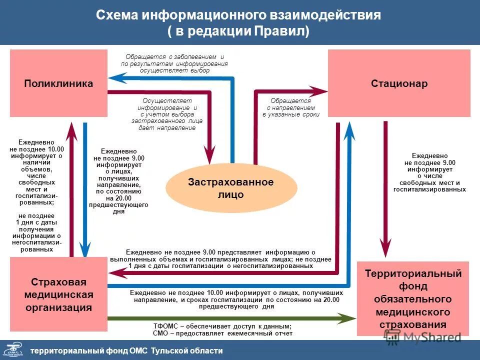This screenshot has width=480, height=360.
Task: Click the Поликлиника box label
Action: (x=58, y=83)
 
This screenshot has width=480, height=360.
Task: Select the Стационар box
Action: (x=399, y=83)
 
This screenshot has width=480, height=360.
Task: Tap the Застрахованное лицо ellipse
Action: (x=231, y=188)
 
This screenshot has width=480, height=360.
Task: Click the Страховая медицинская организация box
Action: (x=58, y=294)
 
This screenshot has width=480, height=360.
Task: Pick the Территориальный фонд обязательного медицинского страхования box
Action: (x=413, y=299)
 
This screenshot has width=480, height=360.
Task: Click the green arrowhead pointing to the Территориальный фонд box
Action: (x=347, y=317)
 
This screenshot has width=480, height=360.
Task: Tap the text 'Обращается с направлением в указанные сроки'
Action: (x=291, y=107)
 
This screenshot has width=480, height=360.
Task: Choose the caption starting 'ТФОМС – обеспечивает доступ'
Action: (x=222, y=329)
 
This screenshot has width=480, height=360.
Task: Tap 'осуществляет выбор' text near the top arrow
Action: (x=174, y=70)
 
